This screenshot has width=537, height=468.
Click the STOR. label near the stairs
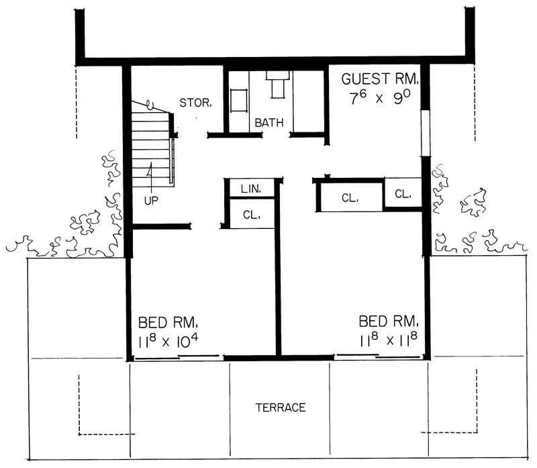pos(196,103)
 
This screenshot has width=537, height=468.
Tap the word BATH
pos(268,123)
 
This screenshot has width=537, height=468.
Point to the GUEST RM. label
pos(381,79)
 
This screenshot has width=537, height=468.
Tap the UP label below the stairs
pos(151,200)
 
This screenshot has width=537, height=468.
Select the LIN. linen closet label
pos(250,189)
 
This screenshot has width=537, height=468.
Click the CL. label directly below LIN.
pos(251,216)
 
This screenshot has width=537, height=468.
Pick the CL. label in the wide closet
pos(349,198)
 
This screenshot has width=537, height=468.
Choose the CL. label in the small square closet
pos(402,194)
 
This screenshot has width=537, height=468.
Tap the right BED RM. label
pos(389,320)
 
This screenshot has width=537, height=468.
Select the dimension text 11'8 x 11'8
pos(389,341)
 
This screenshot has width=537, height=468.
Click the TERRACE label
pos(281,408)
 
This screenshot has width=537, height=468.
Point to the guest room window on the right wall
pos(424,132)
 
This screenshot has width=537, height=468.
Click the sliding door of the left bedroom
pos(177,358)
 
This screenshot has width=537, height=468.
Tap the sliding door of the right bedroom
pos(379,357)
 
